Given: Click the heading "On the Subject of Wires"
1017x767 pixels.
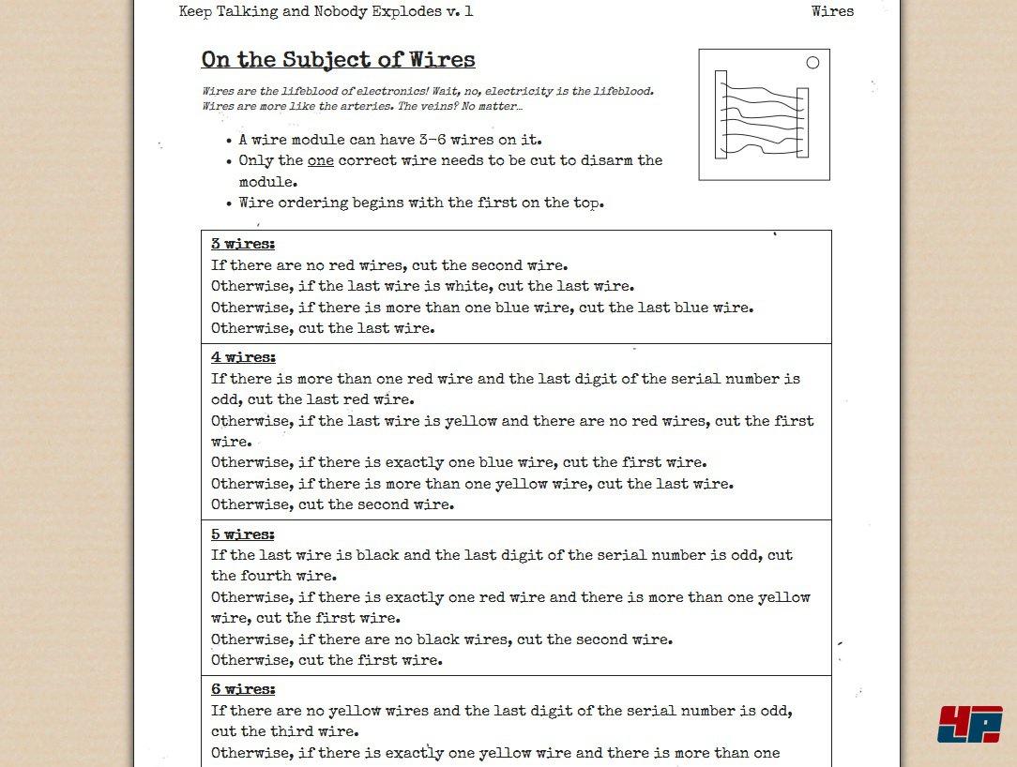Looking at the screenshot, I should point(338,60).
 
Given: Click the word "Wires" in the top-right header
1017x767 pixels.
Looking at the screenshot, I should point(832,11).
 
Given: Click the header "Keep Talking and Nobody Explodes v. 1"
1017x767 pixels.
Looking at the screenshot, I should point(326,11).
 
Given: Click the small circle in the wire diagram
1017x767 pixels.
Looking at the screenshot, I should point(812,63).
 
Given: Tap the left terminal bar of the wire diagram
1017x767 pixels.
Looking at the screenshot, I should point(721,114).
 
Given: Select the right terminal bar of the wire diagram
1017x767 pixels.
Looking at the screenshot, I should point(802,122).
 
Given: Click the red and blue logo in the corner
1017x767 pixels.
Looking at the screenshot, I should point(969,724).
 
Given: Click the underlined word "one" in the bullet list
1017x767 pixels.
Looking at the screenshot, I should point(321,160).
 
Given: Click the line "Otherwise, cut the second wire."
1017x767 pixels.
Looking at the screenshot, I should point(332,504).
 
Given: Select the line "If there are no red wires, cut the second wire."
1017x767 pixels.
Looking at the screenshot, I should point(389,265).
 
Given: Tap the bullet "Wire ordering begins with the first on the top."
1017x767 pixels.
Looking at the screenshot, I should point(421,203).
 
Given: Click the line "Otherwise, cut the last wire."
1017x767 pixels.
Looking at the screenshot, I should point(323,328).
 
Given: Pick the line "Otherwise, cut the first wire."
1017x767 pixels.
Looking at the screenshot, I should point(326,660).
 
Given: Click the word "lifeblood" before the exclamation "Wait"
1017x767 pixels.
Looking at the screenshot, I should point(318,92).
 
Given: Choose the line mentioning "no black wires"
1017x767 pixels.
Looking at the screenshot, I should point(441,639).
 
